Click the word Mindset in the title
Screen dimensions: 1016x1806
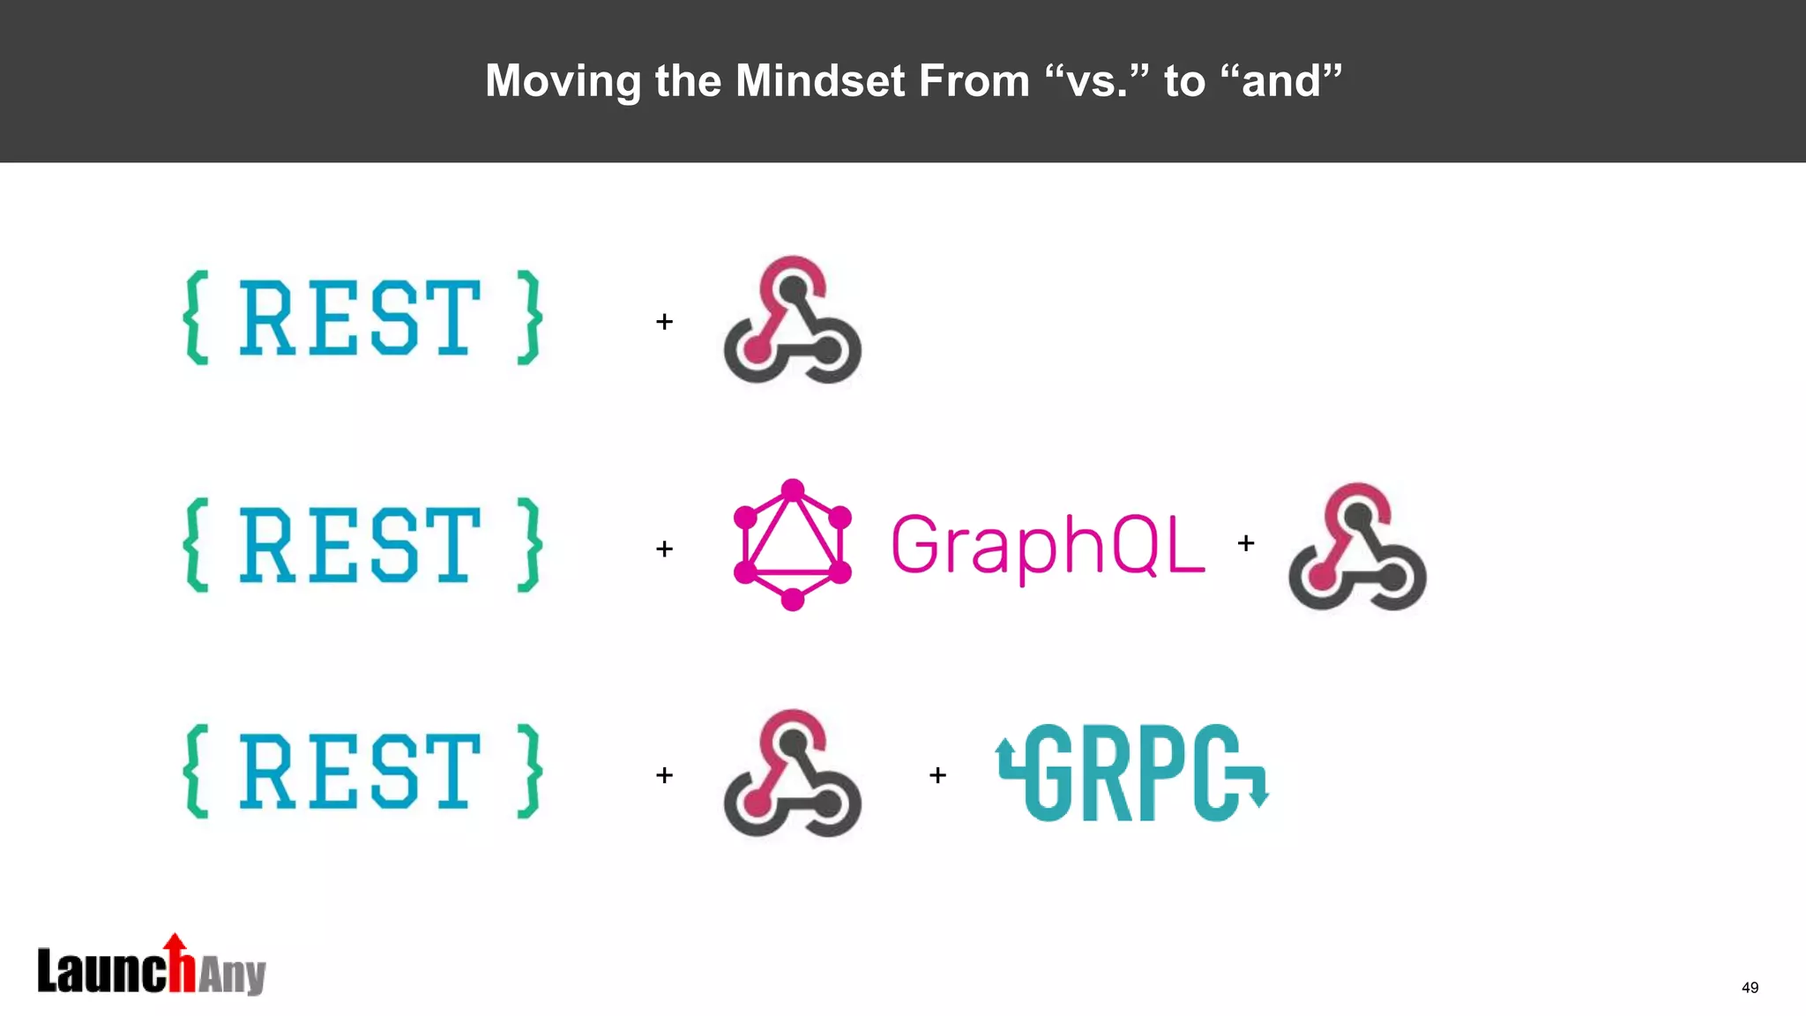(819, 81)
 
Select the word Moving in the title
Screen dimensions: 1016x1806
(563, 81)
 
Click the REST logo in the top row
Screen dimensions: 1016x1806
(362, 317)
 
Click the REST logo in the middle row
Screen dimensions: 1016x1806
(362, 544)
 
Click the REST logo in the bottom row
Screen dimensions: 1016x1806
(362, 772)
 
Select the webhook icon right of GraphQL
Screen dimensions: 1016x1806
(1356, 547)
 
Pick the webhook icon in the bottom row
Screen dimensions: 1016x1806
(792, 773)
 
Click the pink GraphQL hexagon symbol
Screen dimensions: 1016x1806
(792, 544)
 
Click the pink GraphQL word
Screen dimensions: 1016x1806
(1048, 544)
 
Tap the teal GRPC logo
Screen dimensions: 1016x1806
(1132, 773)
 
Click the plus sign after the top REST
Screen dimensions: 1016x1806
(664, 322)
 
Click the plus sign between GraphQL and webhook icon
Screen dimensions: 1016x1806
(1245, 543)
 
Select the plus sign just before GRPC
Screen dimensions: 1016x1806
(937, 775)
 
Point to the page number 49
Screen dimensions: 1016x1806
(1750, 987)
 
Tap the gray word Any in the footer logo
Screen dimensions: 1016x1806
(231, 975)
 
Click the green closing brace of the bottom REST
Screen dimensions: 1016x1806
(529, 772)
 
